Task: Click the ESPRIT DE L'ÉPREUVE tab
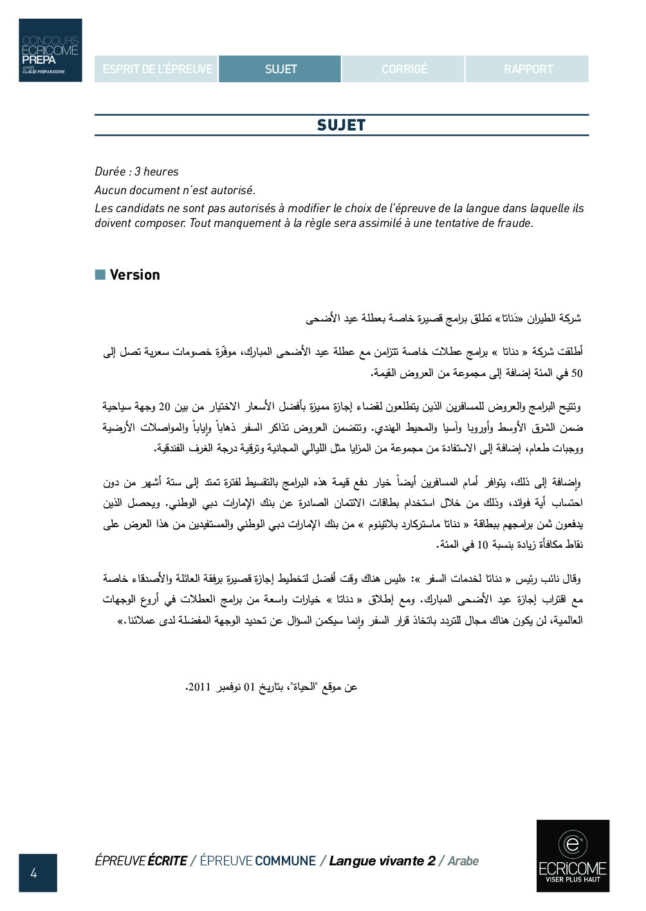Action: point(157,69)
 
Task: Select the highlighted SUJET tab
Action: point(281,69)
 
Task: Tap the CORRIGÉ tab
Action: point(404,69)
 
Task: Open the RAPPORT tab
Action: point(528,69)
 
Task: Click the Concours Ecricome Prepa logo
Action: point(50,50)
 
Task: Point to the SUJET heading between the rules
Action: point(341,125)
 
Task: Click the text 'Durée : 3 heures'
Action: point(136,172)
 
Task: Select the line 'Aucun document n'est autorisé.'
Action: point(175,190)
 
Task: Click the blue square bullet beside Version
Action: point(100,275)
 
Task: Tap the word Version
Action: point(134,275)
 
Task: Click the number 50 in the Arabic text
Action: point(577,373)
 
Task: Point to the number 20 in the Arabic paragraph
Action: point(165,407)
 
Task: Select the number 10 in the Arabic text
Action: point(483,545)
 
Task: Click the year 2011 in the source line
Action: point(199,687)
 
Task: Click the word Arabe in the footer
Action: point(463,861)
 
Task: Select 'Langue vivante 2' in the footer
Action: point(382,861)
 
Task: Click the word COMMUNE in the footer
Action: point(286,861)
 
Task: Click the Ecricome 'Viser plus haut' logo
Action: point(573,856)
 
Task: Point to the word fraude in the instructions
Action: point(515,224)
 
